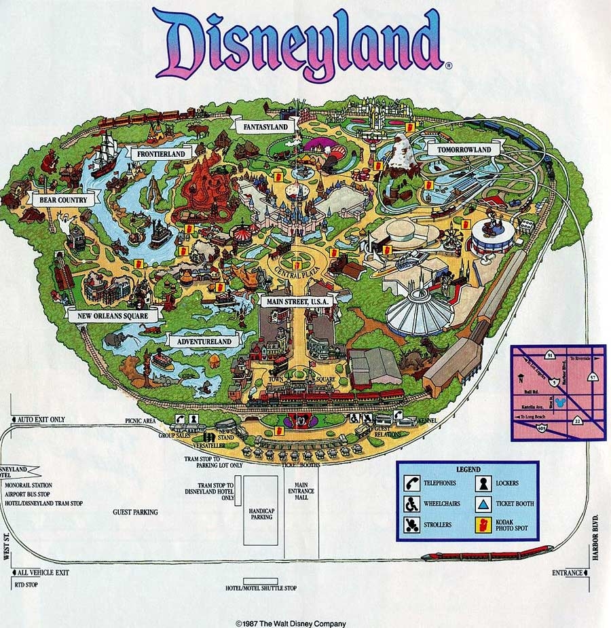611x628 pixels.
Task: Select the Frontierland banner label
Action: click(161, 153)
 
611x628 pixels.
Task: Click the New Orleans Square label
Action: click(113, 315)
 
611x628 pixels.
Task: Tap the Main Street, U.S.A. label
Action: click(295, 301)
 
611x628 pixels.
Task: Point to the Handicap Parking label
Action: click(261, 513)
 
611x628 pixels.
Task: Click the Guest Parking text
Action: click(135, 512)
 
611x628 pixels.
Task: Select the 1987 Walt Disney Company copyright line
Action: click(291, 623)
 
